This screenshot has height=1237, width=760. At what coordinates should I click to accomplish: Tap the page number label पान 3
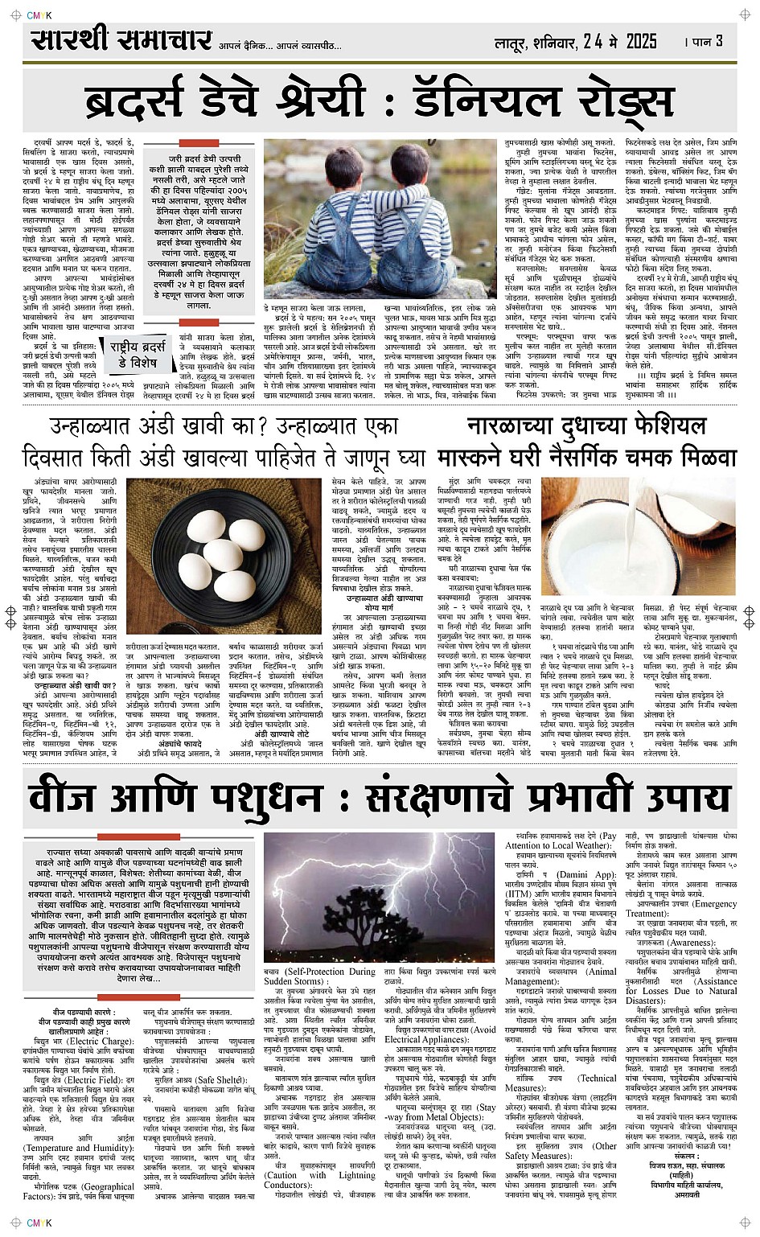tap(705, 41)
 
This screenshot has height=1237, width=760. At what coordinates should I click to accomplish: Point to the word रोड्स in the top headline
tap(623, 102)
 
